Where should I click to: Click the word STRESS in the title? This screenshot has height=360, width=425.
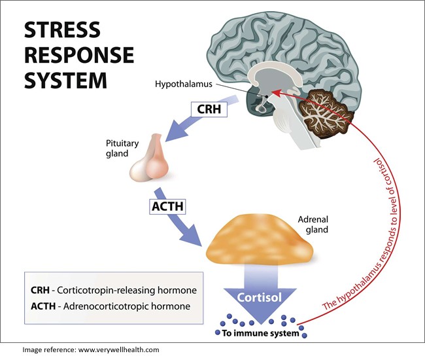click(62, 30)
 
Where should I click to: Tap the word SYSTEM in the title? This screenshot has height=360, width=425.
click(65, 81)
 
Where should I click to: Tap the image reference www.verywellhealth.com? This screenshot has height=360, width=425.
click(90, 350)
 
